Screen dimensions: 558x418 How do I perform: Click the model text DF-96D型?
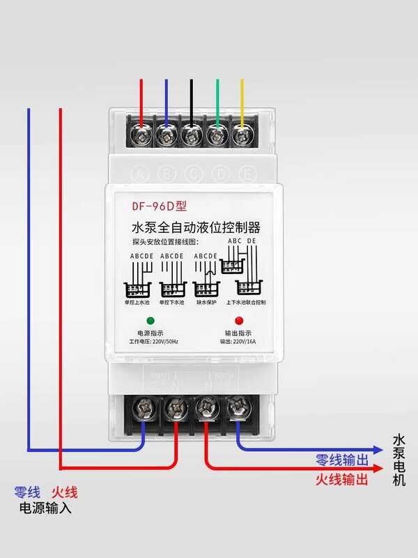(160, 206)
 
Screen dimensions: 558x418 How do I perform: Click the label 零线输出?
(341, 460)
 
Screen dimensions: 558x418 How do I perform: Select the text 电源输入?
(45, 508)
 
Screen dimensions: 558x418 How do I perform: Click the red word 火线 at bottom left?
(65, 492)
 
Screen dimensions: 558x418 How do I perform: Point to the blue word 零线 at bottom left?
(26, 492)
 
